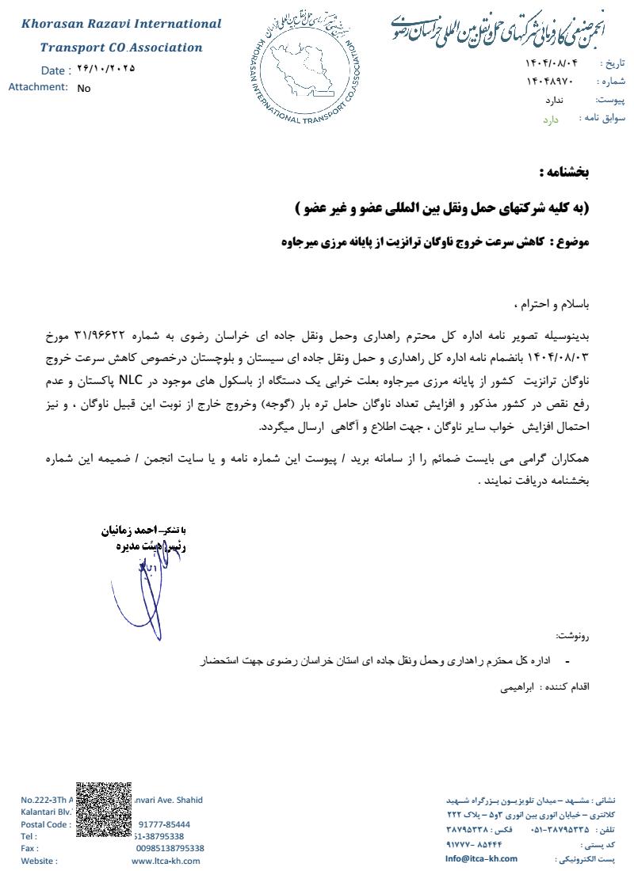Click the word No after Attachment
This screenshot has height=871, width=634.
(x=84, y=88)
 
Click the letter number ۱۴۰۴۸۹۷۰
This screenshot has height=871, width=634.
(x=549, y=82)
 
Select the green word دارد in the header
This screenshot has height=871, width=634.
(x=551, y=120)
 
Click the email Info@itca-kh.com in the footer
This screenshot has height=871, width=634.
(x=481, y=858)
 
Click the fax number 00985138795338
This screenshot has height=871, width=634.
(x=170, y=848)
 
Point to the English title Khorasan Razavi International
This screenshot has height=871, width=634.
(x=121, y=24)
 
